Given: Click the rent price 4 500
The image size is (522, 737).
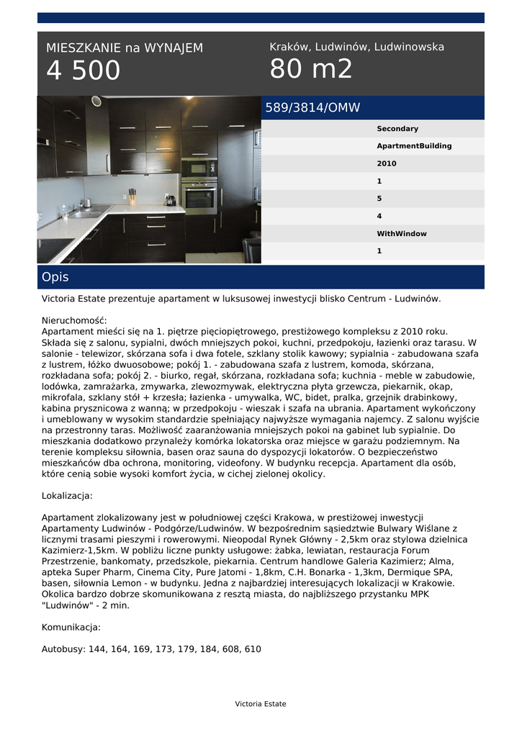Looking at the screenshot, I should point(84,71).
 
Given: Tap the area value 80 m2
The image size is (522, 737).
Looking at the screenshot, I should point(311,69).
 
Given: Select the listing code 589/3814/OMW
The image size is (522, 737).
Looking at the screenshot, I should point(312,108).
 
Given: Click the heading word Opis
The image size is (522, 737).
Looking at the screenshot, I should point(55,277).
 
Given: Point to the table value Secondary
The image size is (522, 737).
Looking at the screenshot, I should point(397,129).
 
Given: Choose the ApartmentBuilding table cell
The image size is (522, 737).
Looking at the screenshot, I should point(414,146).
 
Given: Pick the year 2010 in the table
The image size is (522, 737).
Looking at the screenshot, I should point(387,164).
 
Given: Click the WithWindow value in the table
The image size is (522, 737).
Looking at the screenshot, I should point(401,234).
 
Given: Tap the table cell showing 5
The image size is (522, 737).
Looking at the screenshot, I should point(379,199).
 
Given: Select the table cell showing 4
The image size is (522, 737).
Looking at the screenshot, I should point(379,216).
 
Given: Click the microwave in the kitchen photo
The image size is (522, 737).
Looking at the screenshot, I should point(199,168).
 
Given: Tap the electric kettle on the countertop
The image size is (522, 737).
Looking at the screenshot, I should point(170,200).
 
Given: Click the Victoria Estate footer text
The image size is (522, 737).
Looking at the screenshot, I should point(261,704).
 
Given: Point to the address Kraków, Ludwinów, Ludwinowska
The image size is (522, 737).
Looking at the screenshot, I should point(356,47).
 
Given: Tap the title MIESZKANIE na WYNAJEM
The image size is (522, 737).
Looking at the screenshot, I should point(125,48).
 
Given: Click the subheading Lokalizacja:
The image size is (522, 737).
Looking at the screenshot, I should point(67,496).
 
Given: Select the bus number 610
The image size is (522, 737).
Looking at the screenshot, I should point(253,649).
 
